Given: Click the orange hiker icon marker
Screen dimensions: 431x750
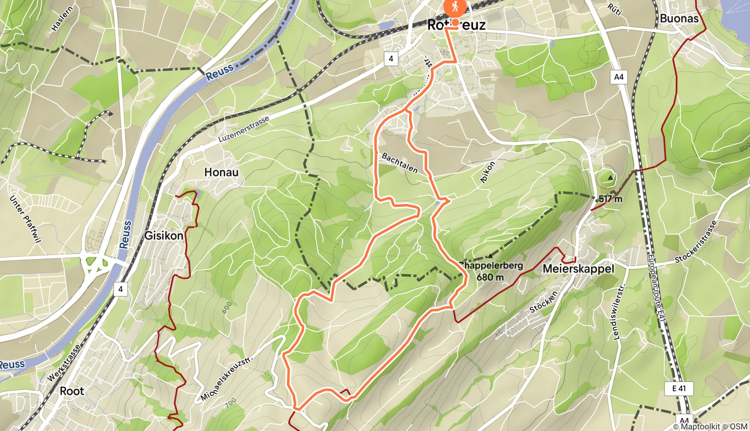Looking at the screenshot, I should (455, 7).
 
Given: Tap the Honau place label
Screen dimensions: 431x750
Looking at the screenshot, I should (221, 172).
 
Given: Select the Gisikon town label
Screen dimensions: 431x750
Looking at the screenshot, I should (163, 235).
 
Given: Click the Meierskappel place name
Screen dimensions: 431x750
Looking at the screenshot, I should (578, 269).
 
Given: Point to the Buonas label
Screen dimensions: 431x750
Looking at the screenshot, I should (679, 18).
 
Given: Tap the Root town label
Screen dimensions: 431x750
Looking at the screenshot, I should (72, 391).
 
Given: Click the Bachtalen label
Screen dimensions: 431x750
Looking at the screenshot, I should (399, 163).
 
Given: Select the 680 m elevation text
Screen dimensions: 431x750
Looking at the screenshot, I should (490, 277).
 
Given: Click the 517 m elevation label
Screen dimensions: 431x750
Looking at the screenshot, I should (610, 199).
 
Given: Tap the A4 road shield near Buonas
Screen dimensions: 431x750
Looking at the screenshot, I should (619, 77).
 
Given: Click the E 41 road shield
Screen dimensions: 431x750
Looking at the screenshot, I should (679, 388).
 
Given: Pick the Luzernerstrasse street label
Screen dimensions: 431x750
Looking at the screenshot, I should (244, 129).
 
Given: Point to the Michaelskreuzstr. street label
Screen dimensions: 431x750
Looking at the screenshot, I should (226, 378).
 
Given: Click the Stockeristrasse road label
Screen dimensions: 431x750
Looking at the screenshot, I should (696, 242).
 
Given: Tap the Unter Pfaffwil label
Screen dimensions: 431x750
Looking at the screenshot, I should (25, 218).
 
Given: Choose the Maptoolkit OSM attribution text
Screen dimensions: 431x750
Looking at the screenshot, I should (710, 426).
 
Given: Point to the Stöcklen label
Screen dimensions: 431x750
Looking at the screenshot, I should (543, 302).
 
